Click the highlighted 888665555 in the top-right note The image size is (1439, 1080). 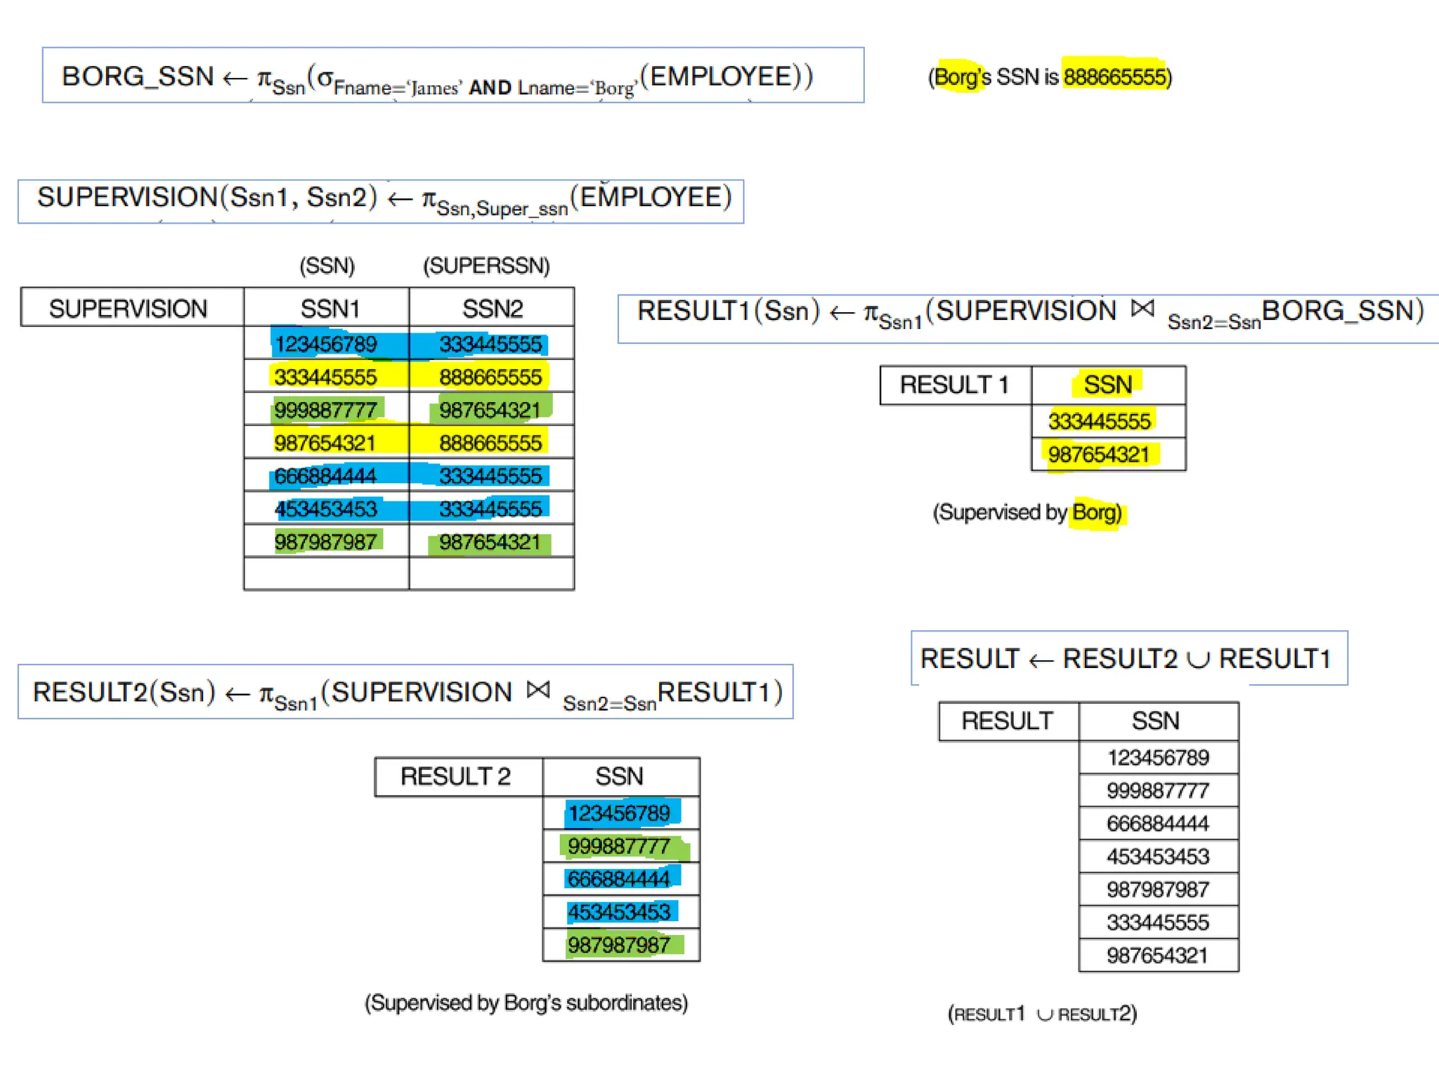pyautogui.click(x=1114, y=76)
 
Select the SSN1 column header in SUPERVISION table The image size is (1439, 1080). pyautogui.click(x=330, y=309)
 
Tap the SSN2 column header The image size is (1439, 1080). pyautogui.click(x=492, y=309)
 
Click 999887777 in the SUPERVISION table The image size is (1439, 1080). pyautogui.click(x=325, y=410)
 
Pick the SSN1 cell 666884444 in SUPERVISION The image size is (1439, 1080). pyautogui.click(x=325, y=476)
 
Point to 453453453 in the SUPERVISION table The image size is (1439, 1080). pyautogui.click(x=325, y=509)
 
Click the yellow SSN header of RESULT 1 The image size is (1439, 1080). pyautogui.click(x=1107, y=385)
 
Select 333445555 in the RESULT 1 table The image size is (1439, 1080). pyautogui.click(x=1099, y=421)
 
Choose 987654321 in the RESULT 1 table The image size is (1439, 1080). pyautogui.click(x=1099, y=455)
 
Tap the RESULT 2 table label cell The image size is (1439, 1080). pyautogui.click(x=455, y=776)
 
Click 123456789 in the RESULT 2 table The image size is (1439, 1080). pyautogui.click(x=619, y=814)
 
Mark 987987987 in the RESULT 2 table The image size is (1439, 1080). pyautogui.click(x=619, y=945)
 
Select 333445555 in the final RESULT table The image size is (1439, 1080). pyautogui.click(x=1157, y=922)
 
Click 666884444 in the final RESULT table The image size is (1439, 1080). pyautogui.click(x=1157, y=823)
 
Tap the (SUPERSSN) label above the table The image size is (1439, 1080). pyautogui.click(x=486, y=266)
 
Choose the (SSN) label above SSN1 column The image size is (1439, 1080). pyautogui.click(x=327, y=266)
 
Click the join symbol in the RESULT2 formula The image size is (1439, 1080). pyautogui.click(x=538, y=690)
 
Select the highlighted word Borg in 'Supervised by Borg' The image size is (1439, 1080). pyautogui.click(x=1095, y=513)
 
